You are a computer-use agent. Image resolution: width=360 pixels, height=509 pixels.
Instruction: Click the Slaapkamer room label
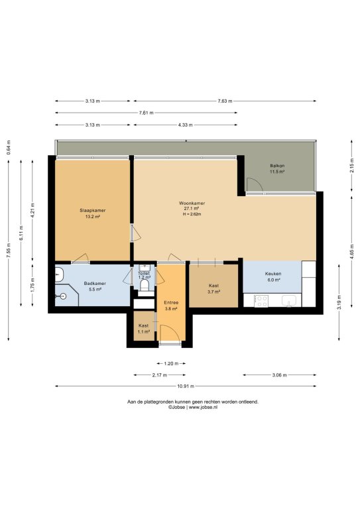point(93,210)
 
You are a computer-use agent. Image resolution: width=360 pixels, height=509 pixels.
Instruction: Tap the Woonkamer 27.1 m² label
point(192,206)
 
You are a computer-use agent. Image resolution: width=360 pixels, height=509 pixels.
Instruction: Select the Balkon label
point(277,166)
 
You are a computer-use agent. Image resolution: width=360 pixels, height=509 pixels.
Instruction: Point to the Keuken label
point(273,274)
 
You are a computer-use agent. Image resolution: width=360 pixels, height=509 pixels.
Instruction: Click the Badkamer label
point(95,284)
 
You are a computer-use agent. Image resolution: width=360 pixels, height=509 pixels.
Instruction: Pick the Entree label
point(171,303)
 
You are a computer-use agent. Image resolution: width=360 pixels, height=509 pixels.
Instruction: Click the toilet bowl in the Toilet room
point(145,286)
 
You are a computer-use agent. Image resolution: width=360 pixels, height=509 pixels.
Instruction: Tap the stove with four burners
point(261,301)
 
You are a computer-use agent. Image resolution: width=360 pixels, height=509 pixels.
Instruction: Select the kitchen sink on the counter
point(289,301)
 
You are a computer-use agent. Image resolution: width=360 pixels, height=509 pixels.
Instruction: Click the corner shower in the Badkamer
point(66,296)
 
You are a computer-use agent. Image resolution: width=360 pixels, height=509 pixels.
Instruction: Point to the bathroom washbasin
point(59,274)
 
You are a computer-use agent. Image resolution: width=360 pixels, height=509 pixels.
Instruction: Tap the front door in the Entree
point(170,333)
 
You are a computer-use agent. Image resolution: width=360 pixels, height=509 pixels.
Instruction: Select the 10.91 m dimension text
point(186,386)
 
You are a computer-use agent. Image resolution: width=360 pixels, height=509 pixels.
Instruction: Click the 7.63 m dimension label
point(225,101)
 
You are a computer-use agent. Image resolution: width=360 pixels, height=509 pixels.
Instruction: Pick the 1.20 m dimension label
point(171,364)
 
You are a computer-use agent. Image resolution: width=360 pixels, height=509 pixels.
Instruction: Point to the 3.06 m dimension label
point(279,375)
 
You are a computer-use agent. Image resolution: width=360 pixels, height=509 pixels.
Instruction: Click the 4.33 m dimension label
point(185,125)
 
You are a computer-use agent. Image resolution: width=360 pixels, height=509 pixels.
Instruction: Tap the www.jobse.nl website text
point(204,407)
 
